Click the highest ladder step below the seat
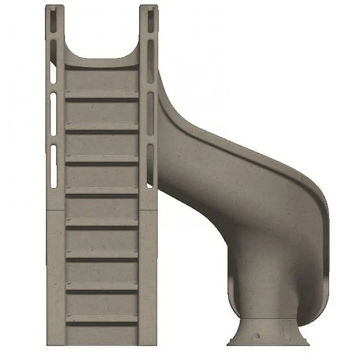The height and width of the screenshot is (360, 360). pyautogui.click(x=102, y=95)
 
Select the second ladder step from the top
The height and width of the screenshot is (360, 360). pyautogui.click(x=102, y=128)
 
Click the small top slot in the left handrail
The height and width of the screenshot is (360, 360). pyautogui.click(x=53, y=16)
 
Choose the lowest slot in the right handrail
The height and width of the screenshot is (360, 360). pyautogui.click(x=150, y=165)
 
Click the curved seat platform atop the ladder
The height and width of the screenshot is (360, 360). pyautogui.click(x=102, y=64)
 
